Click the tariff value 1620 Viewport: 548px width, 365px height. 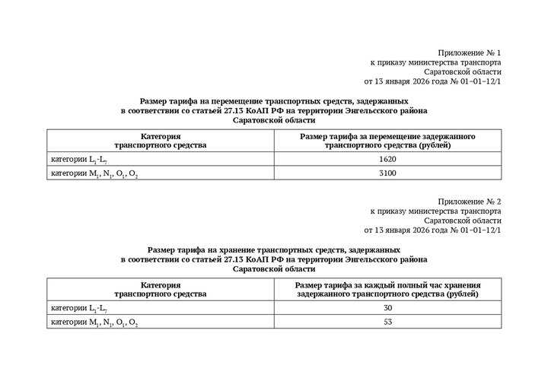coord(387,160)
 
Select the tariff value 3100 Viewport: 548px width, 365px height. coord(387,173)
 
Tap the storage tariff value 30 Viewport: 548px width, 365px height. coord(387,308)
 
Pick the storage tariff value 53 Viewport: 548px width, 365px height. coord(387,322)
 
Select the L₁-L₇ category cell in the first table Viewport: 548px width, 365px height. coord(74,160)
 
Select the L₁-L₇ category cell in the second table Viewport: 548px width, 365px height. coord(74,308)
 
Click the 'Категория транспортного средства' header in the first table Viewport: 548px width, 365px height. coord(160,140)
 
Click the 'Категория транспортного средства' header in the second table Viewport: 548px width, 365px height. coord(160,288)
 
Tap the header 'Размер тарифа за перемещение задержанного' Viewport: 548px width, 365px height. coord(387,136)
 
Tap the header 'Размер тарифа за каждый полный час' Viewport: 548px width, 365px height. coord(387,284)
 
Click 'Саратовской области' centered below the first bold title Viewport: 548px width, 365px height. coord(274,120)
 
